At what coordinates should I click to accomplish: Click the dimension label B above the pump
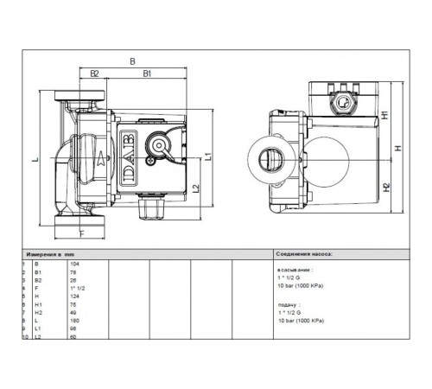click(x=131, y=61)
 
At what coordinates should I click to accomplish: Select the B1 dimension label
click(x=148, y=74)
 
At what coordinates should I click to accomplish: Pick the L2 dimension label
click(x=198, y=188)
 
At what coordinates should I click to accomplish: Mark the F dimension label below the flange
click(x=82, y=233)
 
